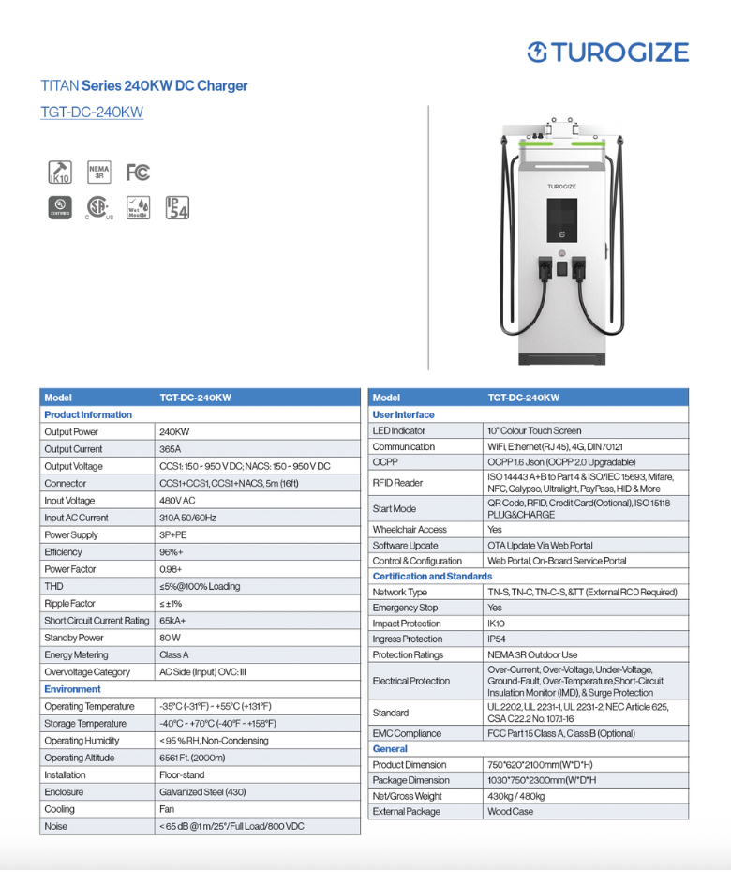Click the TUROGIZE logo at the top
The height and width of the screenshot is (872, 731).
607,53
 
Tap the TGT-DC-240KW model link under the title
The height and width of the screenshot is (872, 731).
92,113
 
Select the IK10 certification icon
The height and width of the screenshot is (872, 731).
59,173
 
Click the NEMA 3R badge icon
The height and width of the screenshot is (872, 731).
98,173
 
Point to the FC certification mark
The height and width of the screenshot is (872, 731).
138,173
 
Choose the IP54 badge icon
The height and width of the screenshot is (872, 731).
176,207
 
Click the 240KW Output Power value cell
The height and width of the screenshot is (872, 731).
174,432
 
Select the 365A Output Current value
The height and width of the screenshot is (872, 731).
171,449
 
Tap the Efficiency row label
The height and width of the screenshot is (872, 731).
63,552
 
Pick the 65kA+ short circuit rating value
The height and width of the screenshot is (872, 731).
172,621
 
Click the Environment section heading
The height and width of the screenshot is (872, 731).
72,689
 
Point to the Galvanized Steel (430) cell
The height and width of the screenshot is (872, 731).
202,792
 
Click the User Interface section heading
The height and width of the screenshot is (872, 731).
403,414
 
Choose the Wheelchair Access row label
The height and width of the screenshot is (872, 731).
410,530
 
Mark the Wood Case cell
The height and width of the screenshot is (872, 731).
510,812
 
